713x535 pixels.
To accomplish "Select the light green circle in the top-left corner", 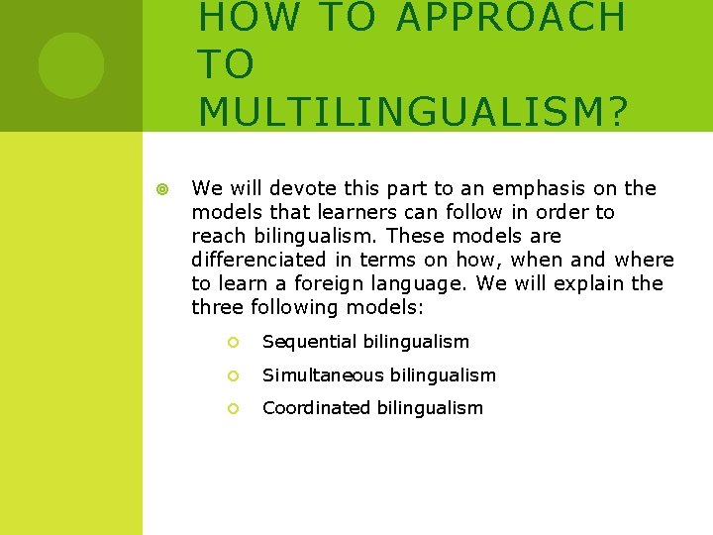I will [x=70, y=64].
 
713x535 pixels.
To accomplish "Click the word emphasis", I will [x=532, y=188].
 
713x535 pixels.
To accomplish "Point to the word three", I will [x=217, y=307].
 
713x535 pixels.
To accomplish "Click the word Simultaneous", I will [x=323, y=375].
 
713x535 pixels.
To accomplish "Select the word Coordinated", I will [x=319, y=408].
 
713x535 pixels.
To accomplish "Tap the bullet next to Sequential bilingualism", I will [x=233, y=342].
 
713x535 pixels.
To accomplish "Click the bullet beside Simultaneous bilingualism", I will [x=233, y=375].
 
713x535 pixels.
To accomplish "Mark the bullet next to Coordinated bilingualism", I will [x=233, y=408].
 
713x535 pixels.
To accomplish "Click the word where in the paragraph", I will [x=644, y=260].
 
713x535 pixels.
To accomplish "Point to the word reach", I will [x=218, y=236].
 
